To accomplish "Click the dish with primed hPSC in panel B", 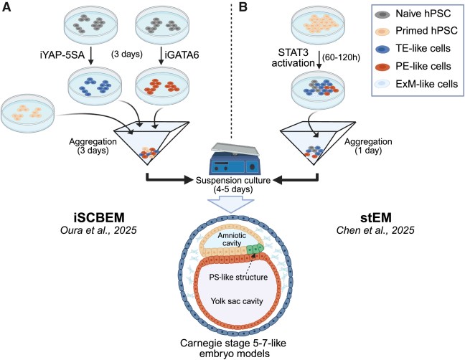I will (x=313, y=22).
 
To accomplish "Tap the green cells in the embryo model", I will (x=260, y=252).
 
